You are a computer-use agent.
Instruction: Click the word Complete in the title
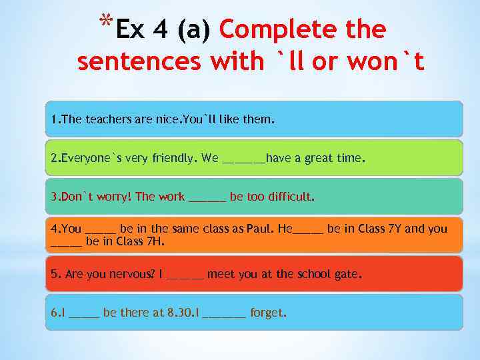click(x=269, y=29)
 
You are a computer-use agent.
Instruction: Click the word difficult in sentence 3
click(x=289, y=197)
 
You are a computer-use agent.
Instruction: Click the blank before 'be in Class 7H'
click(x=67, y=243)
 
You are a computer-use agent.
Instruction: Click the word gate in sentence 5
click(x=347, y=274)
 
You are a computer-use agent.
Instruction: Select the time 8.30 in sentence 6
click(x=176, y=313)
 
